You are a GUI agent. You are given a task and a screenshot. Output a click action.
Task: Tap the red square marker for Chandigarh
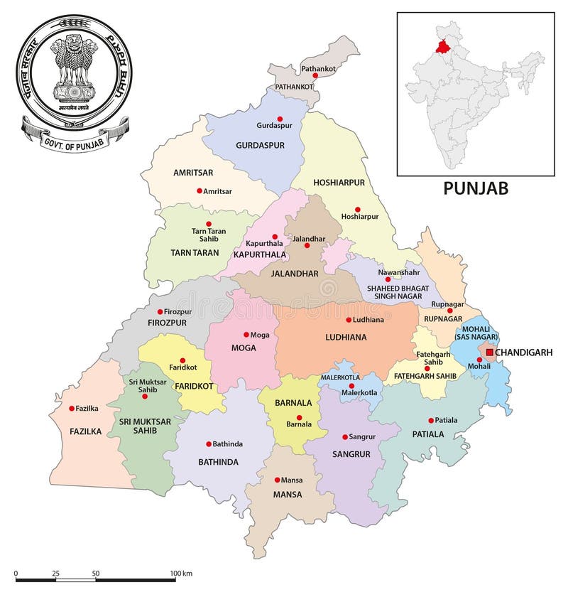[x=489, y=352]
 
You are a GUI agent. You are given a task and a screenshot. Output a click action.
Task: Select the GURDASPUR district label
[x=259, y=145]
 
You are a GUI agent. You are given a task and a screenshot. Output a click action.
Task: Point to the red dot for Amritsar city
[x=199, y=190]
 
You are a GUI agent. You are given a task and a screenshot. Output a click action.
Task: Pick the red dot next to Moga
[x=246, y=334]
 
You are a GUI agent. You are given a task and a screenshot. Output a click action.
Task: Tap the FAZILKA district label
[x=86, y=431]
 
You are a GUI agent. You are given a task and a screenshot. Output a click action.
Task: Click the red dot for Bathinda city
[x=208, y=443]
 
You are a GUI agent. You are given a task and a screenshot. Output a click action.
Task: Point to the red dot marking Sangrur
[x=344, y=437]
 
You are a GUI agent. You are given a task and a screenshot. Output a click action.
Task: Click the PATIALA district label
[x=427, y=434]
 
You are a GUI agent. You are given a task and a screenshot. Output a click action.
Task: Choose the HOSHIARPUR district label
[x=339, y=183]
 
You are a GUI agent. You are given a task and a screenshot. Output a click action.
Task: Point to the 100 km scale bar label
[x=182, y=572]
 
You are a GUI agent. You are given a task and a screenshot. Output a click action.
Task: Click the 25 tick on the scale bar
[x=56, y=572]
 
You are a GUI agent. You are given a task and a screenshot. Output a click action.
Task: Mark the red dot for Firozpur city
[x=160, y=311]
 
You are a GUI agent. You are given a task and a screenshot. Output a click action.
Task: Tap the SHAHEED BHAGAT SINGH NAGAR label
[x=397, y=291]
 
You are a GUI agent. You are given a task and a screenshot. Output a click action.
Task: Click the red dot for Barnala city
[x=300, y=417]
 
